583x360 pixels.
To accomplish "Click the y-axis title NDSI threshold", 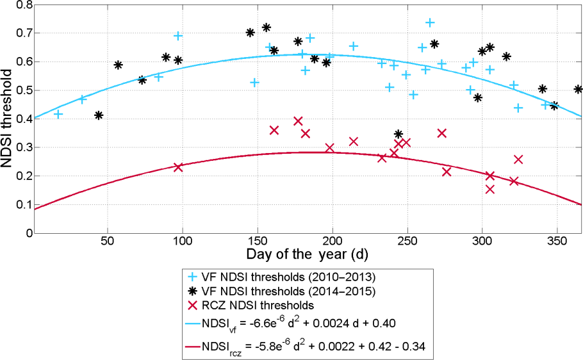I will tap(9, 119).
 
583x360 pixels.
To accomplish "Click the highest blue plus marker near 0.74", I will tap(430, 22).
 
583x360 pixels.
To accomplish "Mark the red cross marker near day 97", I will tap(178, 167).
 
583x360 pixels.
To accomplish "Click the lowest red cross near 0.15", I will tap(490, 189).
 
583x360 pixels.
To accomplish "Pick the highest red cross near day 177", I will tap(298, 120).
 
